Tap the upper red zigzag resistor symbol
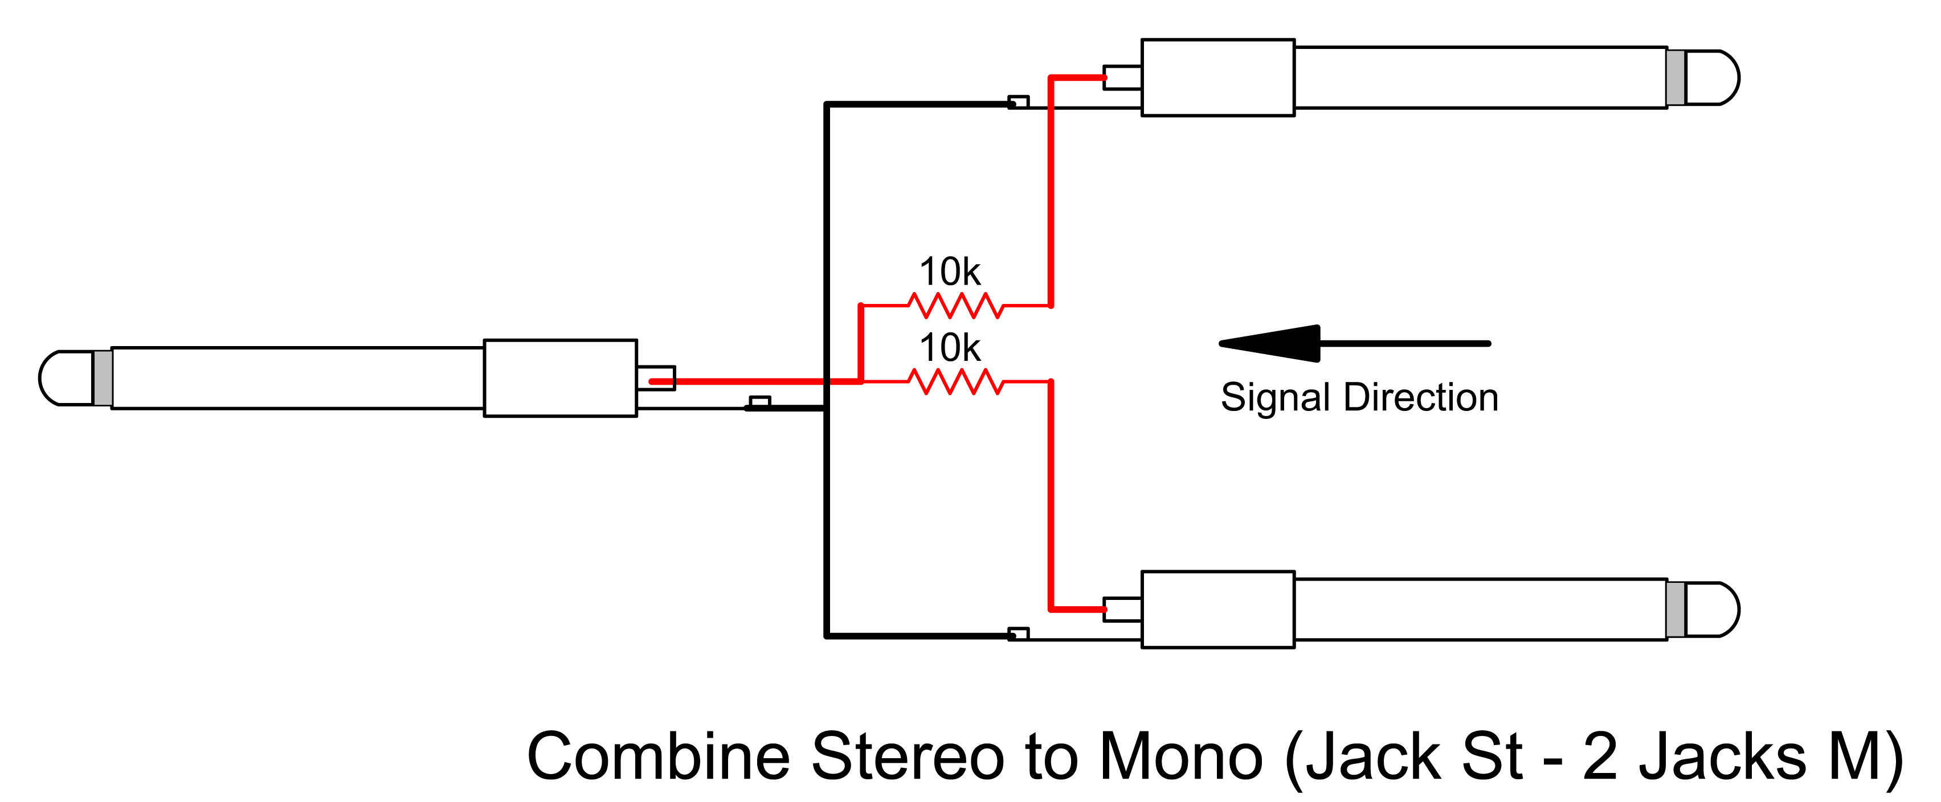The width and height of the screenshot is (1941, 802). [x=955, y=306]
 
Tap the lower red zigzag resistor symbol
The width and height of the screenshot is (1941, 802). [x=955, y=382]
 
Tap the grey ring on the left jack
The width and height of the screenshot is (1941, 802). [x=103, y=378]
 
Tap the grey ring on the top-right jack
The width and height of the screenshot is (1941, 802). [x=1676, y=77]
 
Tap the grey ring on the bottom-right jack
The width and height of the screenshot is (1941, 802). [x=1676, y=609]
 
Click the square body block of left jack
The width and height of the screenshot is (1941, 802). [x=560, y=378]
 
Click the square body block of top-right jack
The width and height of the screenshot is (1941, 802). [x=1217, y=77]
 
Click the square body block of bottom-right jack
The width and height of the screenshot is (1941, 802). [x=1217, y=609]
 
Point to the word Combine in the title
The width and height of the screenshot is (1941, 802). [x=658, y=757]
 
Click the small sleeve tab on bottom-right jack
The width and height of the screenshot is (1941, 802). [x=1018, y=634]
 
